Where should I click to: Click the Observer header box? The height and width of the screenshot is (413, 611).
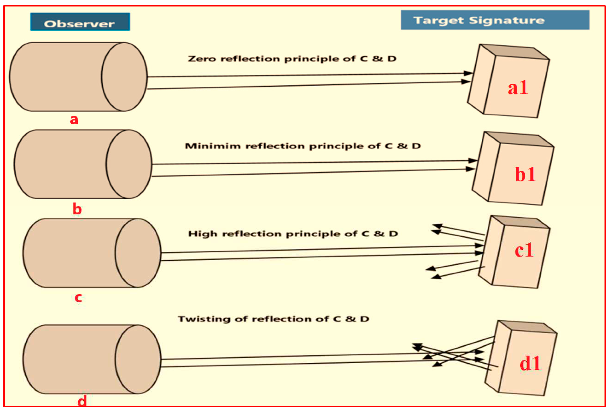80,22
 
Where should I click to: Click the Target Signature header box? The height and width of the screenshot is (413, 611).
495,20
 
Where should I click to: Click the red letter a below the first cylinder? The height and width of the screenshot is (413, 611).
74,120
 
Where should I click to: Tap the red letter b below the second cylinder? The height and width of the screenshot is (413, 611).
77,209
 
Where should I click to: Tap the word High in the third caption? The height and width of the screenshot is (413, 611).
203,234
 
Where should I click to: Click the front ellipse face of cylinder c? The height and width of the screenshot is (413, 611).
138,253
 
